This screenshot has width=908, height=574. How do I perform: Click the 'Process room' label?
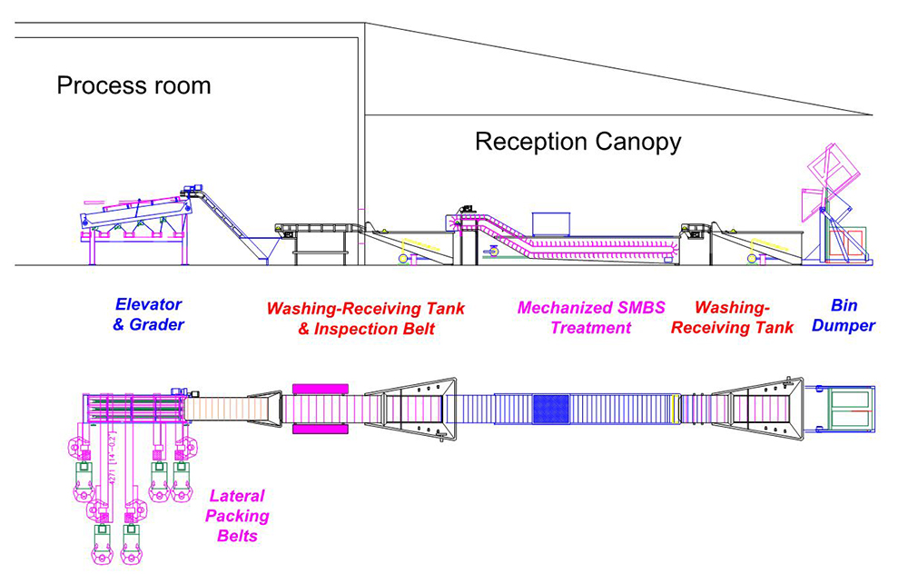(133, 86)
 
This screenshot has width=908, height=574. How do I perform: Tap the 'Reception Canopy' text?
(577, 142)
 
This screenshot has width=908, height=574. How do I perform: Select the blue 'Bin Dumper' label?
(843, 315)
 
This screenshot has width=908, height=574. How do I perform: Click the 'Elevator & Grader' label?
(148, 314)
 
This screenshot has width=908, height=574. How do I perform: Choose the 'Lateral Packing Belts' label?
(237, 516)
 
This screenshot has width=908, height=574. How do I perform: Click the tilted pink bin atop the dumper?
(833, 173)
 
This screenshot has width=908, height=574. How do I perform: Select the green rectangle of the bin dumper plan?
(850, 410)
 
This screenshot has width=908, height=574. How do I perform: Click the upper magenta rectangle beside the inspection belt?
(321, 389)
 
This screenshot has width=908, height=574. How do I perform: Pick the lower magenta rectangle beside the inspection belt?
(321, 429)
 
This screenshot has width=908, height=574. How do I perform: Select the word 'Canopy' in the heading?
(636, 142)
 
